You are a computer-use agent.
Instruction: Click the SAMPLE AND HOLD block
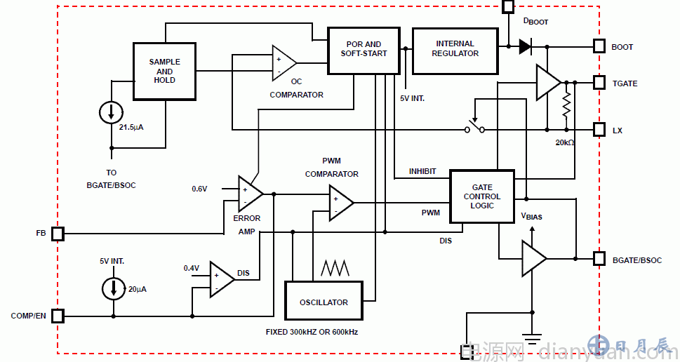tap(164, 72)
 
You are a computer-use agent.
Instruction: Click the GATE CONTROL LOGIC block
tap(482, 196)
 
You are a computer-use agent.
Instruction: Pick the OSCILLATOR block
tap(324, 302)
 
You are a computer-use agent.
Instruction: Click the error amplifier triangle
tap(249, 194)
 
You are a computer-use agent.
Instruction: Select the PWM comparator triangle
tap(340, 203)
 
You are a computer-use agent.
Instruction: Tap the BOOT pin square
tap(599, 46)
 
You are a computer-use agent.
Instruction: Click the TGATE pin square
tap(599, 83)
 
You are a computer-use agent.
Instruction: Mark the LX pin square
tap(599, 130)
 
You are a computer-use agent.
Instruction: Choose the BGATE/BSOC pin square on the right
tap(599, 259)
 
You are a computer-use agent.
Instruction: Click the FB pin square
tap(58, 233)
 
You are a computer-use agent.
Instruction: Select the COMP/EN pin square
tap(58, 316)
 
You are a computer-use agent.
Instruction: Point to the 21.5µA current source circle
tap(111, 111)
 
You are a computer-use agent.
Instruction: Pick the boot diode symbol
tap(525, 46)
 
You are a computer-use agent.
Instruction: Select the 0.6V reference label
tap(200, 189)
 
